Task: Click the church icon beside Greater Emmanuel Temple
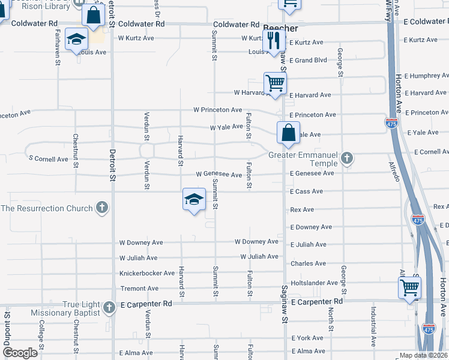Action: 346,159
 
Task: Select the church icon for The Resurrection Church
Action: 102,208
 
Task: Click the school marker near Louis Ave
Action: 77,40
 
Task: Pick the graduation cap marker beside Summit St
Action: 194,200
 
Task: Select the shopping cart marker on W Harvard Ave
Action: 275,83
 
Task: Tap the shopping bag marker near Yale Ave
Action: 288,132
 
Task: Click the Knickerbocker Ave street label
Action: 146,273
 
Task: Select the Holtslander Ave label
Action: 314,283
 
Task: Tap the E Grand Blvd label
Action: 308,61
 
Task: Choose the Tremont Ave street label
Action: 139,289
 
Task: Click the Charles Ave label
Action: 308,263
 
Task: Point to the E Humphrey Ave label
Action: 426,76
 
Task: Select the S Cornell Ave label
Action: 49,159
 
